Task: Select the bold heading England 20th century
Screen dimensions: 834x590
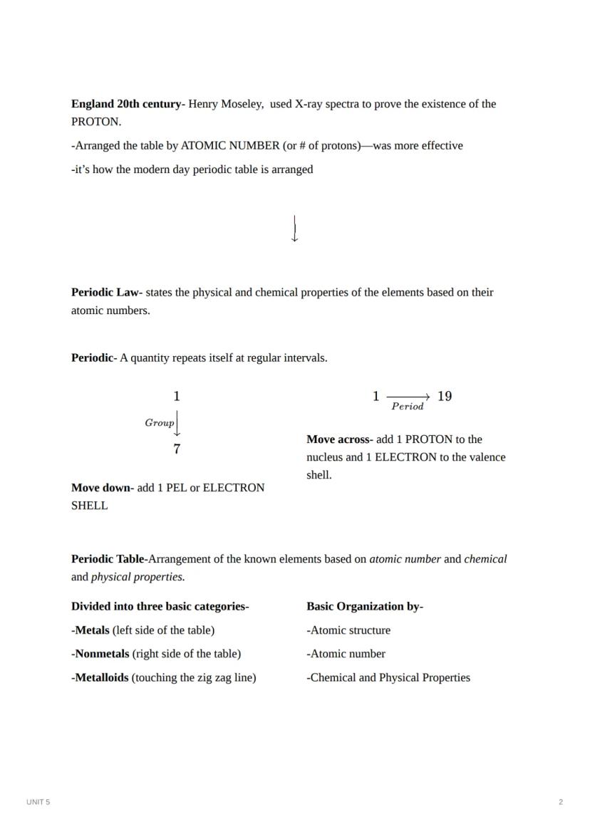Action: point(127,104)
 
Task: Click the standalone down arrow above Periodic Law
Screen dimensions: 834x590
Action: point(295,229)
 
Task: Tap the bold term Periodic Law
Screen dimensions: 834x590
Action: point(105,293)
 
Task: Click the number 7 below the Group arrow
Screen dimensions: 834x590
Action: point(177,449)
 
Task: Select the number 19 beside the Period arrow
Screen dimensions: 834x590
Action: point(445,397)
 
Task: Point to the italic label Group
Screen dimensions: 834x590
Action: point(160,423)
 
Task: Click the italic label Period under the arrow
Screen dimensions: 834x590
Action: point(408,407)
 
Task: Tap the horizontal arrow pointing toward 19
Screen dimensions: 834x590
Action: point(408,397)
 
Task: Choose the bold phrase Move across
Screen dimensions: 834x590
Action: point(338,439)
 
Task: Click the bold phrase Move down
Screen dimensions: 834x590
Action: point(101,488)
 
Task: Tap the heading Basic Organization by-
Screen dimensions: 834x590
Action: point(365,607)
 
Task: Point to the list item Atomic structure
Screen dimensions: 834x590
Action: point(350,630)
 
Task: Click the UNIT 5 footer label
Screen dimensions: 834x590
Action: point(38,802)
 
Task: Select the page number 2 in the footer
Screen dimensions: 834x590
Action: point(561,802)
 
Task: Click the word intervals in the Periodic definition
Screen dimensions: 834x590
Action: point(305,358)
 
